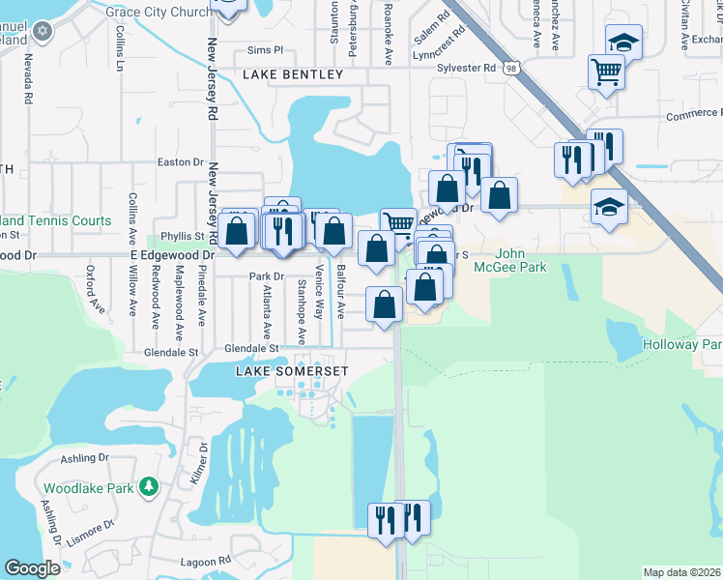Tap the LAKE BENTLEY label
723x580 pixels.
(x=293, y=74)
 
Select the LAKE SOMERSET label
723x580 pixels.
(x=279, y=370)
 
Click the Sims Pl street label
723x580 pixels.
(x=264, y=49)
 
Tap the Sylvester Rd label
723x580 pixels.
(x=465, y=68)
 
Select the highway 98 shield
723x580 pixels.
(x=509, y=68)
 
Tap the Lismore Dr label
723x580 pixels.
(x=93, y=524)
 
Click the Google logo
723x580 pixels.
(x=32, y=568)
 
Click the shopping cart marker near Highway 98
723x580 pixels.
(x=606, y=72)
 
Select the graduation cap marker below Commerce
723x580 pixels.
(x=608, y=209)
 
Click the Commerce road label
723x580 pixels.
(x=692, y=115)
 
